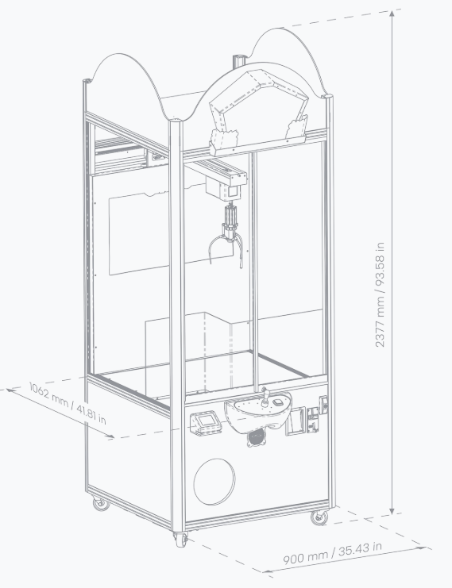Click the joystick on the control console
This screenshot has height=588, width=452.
(x=265, y=397)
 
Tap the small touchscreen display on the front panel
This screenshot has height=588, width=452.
(x=206, y=423)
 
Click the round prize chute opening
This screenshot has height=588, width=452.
(x=214, y=482)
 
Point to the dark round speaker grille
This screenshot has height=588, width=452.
(x=257, y=437)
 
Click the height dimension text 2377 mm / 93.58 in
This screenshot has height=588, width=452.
(x=380, y=294)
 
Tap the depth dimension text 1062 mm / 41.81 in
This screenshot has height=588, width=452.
(x=68, y=403)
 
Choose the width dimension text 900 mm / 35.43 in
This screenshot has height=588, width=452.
(x=332, y=553)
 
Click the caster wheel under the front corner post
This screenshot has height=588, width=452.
(x=180, y=539)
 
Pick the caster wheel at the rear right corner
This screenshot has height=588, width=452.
(x=319, y=517)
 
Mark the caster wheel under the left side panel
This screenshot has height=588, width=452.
(x=101, y=503)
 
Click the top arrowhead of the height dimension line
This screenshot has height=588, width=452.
(x=392, y=14)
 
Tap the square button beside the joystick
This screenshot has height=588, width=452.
(x=278, y=402)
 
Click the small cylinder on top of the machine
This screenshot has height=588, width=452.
(x=240, y=62)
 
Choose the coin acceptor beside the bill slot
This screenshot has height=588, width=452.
(x=313, y=420)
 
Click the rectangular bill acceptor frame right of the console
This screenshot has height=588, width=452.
(x=295, y=421)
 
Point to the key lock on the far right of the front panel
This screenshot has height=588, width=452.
(x=323, y=405)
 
